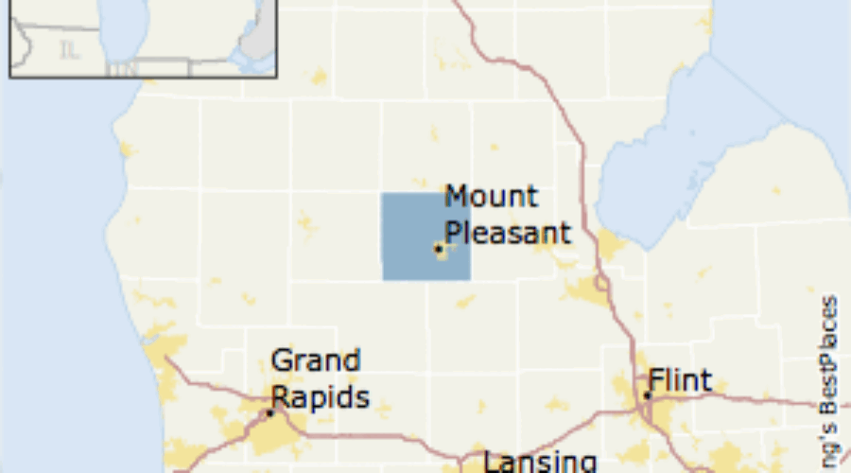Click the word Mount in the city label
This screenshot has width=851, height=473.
click(491, 197)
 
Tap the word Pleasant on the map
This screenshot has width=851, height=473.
click(508, 233)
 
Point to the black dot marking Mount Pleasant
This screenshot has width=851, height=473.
click(438, 248)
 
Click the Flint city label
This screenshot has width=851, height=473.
click(681, 381)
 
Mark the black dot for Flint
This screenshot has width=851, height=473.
click(648, 395)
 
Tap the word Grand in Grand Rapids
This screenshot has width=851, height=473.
click(315, 361)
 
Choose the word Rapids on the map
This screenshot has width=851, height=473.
click(321, 396)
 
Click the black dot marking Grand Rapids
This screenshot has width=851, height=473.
click(269, 412)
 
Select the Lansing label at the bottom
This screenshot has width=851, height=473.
click(540, 463)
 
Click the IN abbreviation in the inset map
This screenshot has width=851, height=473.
click(120, 69)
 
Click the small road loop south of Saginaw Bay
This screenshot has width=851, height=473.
click(601, 283)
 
